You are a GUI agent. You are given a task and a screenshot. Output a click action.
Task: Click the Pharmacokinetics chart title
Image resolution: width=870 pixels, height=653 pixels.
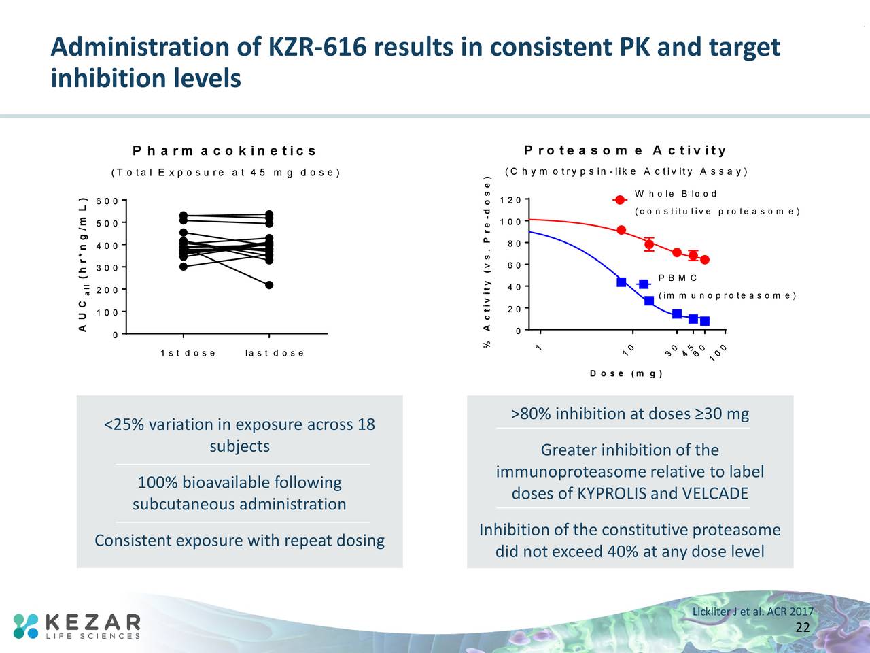coord(224,151)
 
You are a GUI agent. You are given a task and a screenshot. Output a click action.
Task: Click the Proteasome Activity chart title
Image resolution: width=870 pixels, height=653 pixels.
coord(625,150)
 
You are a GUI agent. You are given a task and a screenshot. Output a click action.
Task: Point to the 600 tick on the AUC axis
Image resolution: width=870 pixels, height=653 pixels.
coord(107,201)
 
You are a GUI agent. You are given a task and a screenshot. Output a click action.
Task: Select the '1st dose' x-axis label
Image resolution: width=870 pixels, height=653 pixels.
coord(188,353)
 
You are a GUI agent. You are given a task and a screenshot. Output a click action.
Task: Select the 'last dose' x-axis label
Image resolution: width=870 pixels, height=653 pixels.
coord(275,353)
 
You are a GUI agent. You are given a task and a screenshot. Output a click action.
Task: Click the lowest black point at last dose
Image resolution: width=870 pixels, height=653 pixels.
coord(269,285)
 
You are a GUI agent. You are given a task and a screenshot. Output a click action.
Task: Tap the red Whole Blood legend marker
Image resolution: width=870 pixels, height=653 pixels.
coord(620,200)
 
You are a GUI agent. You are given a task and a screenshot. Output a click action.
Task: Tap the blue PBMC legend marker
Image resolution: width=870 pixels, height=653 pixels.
coord(643,284)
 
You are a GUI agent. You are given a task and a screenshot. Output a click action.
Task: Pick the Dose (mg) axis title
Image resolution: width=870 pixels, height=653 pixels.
coord(626,373)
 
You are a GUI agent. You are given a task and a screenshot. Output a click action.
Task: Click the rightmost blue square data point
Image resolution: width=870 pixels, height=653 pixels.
coord(705,321)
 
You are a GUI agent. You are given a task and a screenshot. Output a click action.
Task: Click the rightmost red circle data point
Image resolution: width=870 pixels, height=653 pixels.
coord(705,260)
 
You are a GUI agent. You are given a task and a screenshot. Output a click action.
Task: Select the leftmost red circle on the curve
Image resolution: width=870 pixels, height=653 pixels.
coord(621,230)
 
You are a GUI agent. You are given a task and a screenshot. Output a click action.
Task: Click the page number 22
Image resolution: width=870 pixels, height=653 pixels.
coord(802,627)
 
